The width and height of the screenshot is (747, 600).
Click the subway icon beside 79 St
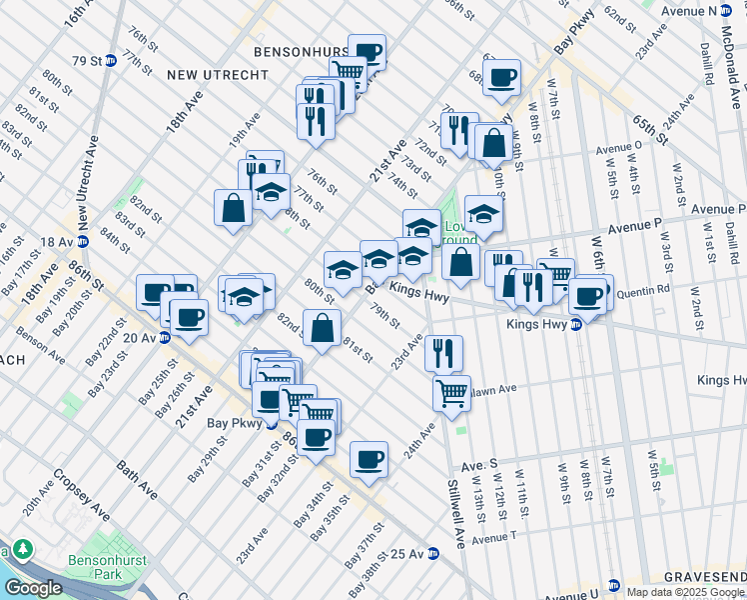click(110, 60)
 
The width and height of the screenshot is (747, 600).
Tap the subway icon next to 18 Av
click(83, 241)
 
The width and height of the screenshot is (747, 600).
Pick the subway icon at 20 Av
click(164, 337)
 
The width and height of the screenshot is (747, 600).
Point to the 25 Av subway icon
click(433, 553)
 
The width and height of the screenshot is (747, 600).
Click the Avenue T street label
click(495, 538)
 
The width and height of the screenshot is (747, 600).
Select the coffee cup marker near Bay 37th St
click(369, 457)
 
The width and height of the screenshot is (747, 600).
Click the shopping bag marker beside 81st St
click(323, 327)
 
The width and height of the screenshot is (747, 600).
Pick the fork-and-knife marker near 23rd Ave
click(443, 352)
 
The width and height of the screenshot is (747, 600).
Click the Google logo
click(33, 588)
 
